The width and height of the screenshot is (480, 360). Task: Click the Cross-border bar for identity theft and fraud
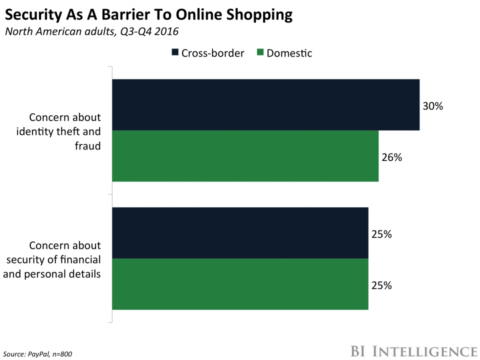(265, 105)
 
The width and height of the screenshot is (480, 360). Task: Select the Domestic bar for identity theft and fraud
(245, 156)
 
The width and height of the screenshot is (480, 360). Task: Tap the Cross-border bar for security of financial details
(240, 233)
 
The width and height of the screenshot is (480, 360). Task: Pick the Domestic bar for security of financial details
(240, 284)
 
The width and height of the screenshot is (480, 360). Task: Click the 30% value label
(433, 106)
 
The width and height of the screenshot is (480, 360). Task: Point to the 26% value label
(392, 157)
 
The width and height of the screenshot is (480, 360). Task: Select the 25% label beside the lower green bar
(381, 286)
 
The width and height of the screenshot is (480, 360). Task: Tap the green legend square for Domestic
(259, 52)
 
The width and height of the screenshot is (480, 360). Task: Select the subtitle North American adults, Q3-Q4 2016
(91, 31)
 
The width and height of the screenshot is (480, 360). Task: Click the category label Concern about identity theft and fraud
(65, 131)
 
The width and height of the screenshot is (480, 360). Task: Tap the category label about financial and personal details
(65, 259)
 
